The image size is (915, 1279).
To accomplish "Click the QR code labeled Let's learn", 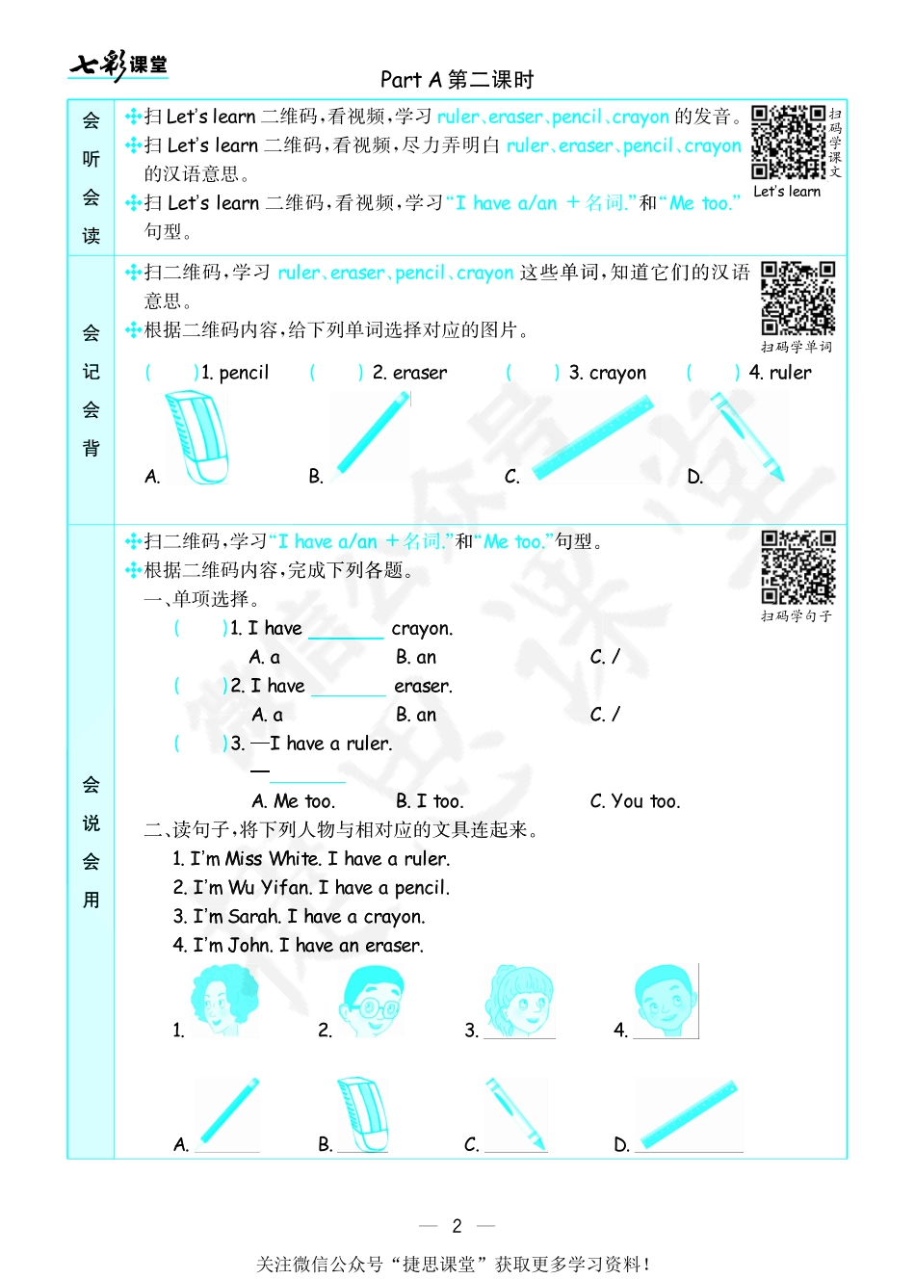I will (788, 142).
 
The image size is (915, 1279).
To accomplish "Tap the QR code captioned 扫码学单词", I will (797, 298).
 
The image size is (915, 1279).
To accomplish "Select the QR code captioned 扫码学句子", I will (797, 566).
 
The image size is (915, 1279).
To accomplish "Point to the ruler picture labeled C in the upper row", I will (593, 438).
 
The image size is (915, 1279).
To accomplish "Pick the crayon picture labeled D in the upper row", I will (747, 436).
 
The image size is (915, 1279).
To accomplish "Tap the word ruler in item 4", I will (790, 373).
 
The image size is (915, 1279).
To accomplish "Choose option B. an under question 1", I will (416, 657).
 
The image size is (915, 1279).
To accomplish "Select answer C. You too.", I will (635, 801).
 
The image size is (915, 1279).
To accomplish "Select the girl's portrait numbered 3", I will (521, 1002).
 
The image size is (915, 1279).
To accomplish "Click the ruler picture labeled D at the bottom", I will (690, 1114).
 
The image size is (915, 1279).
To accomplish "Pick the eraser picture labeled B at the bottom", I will (363, 1114).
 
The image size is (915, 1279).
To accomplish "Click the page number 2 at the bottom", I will (457, 1226).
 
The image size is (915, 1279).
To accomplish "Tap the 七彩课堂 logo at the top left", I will (118, 65).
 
